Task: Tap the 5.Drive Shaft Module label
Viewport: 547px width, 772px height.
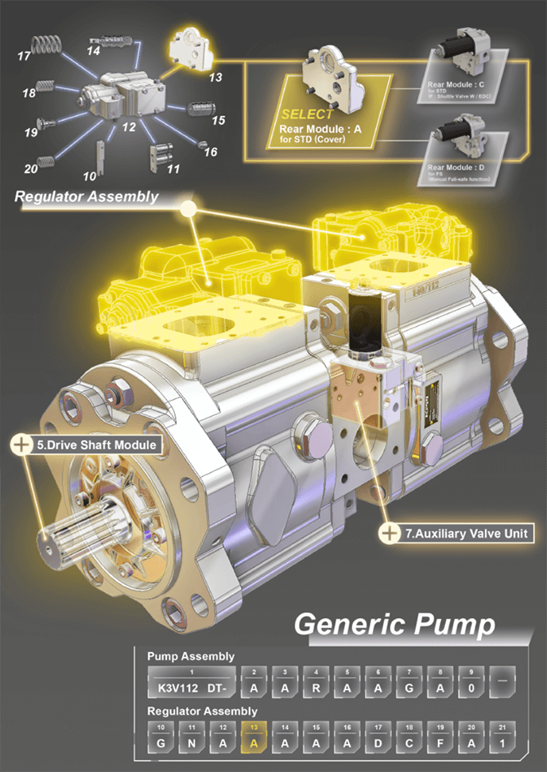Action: point(96,445)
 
